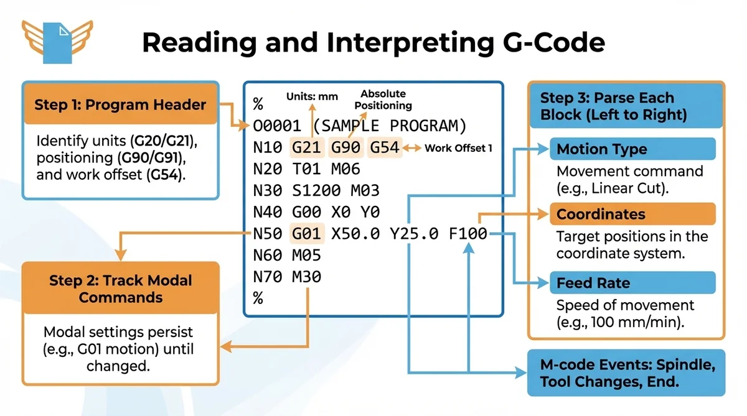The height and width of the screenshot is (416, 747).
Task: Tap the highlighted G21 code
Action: tap(306, 149)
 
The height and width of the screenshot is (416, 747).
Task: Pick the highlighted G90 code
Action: tap(345, 149)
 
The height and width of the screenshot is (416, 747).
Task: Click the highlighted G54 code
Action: tap(384, 149)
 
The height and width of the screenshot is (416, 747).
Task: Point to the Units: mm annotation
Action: tap(312, 96)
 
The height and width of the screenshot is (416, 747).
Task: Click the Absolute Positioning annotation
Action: tap(383, 99)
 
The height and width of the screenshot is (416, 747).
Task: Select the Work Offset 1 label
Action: tap(458, 149)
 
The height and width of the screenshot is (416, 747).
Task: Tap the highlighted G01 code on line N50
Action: tap(306, 234)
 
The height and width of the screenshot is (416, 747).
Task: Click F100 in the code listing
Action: tap(468, 234)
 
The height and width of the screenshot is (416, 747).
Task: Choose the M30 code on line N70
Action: tap(306, 276)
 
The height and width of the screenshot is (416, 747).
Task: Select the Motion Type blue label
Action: tap(632, 149)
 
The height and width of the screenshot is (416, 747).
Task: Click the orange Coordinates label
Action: tap(632, 215)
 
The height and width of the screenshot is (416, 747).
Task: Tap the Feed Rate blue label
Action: tap(632, 283)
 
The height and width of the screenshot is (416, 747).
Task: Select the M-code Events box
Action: tap(626, 373)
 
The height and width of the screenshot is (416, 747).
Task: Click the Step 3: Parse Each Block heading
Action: tap(625, 106)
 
